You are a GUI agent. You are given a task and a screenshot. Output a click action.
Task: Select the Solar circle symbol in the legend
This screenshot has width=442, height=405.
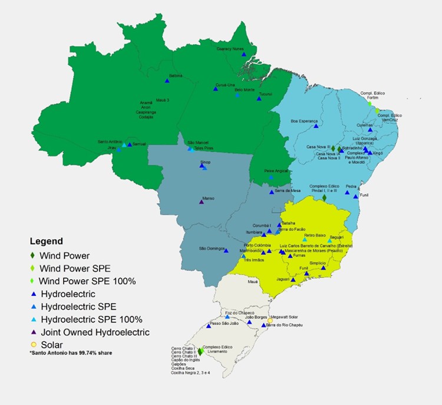(34, 344)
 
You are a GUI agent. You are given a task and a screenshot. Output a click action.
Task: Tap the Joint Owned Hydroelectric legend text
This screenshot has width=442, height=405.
(94, 332)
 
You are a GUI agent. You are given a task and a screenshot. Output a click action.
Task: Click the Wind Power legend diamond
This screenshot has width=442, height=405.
(34, 256)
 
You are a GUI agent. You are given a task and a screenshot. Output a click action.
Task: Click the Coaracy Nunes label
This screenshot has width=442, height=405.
(230, 49)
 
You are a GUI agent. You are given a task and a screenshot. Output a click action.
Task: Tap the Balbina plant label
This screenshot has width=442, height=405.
(176, 75)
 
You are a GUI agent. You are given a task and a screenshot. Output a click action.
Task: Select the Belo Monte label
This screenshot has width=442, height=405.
(244, 90)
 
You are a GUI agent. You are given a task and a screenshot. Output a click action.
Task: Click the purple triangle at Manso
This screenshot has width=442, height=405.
(202, 202)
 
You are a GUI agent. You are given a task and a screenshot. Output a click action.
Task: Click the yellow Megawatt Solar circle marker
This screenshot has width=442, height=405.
(270, 321)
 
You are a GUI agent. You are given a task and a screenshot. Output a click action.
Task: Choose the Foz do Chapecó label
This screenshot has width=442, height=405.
(240, 312)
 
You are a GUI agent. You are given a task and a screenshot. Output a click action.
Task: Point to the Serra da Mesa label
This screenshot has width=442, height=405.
(289, 190)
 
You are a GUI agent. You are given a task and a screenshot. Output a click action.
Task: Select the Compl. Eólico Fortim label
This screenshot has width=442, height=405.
(372, 94)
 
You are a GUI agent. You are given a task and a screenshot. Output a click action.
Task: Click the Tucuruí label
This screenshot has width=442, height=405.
(266, 94)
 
